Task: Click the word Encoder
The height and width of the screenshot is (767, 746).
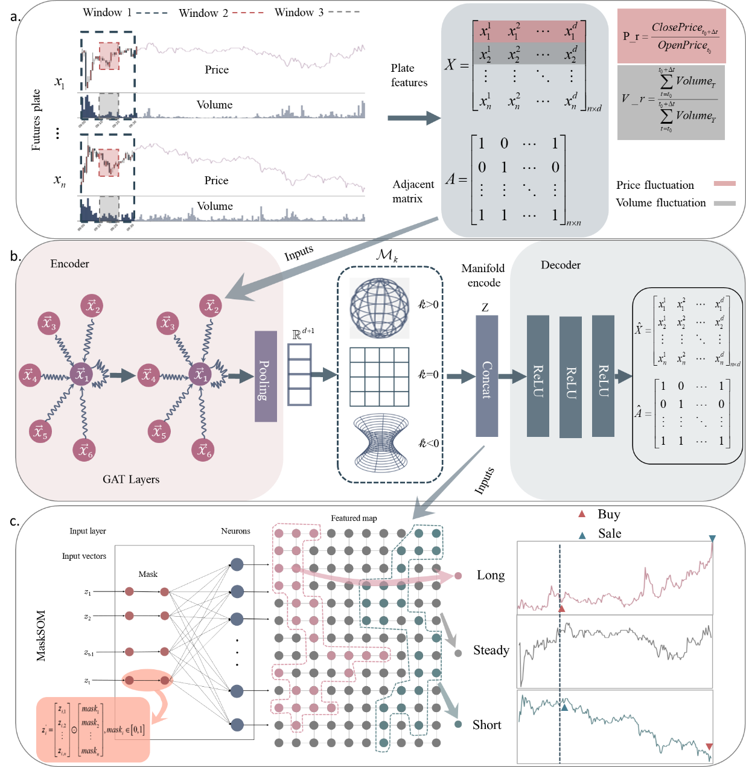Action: click(69, 264)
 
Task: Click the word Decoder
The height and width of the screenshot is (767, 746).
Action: click(560, 265)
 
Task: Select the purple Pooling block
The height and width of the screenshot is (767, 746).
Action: click(266, 376)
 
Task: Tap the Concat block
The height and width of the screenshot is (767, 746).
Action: click(486, 375)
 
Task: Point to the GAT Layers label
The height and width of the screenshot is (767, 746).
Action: click(131, 479)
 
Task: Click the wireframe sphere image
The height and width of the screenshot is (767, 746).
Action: click(380, 308)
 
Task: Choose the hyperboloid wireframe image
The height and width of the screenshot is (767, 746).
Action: click(381, 442)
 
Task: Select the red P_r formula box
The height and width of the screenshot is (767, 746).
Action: click(671, 36)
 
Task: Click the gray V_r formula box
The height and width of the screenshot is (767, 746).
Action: click(671, 103)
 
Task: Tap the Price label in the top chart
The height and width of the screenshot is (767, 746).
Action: click(217, 70)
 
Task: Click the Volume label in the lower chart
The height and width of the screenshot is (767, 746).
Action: click(214, 206)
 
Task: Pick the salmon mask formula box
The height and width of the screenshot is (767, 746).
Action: click(93, 730)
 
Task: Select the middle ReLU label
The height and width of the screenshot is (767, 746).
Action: click(571, 383)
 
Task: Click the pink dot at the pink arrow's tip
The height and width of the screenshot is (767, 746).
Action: click(458, 576)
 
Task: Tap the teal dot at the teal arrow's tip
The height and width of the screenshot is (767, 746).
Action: click(458, 724)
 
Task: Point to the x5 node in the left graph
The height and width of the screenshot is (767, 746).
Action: click(40, 432)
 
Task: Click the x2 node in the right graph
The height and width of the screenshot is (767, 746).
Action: click(211, 306)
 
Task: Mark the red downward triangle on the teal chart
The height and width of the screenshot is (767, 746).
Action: click(709, 746)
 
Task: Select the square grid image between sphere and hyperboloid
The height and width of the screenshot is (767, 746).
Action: click(380, 376)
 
